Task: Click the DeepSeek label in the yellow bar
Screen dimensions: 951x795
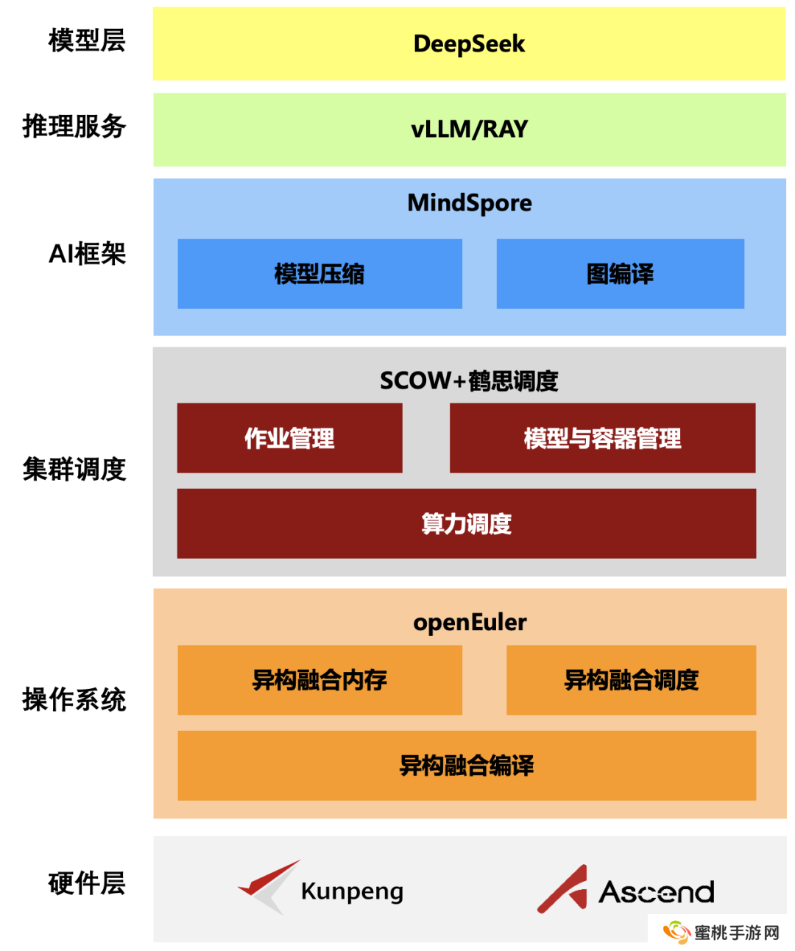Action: click(x=469, y=44)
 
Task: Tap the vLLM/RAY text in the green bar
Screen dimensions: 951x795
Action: click(x=469, y=130)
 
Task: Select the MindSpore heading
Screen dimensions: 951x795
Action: click(x=469, y=203)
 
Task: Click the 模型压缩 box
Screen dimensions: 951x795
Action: click(x=319, y=274)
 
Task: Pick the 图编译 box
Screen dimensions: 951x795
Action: click(x=620, y=274)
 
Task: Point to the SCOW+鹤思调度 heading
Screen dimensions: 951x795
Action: click(x=469, y=381)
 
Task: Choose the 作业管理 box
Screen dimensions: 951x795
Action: click(x=289, y=438)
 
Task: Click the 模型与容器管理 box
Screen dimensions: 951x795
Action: click(x=602, y=438)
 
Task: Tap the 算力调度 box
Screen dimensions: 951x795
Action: click(x=466, y=523)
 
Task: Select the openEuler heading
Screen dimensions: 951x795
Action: click(x=469, y=623)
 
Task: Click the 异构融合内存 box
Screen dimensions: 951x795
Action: click(x=319, y=680)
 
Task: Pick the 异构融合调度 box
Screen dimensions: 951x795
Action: click(x=631, y=680)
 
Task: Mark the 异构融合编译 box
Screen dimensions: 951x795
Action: click(x=466, y=766)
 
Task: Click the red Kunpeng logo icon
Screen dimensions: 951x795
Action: click(x=268, y=885)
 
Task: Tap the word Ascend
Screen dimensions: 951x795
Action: click(x=657, y=892)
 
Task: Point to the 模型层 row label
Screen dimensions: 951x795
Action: click(x=87, y=40)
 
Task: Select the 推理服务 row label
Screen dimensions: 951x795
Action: click(x=74, y=127)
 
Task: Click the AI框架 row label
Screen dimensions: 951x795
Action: click(x=87, y=254)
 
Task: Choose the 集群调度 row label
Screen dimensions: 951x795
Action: click(x=74, y=469)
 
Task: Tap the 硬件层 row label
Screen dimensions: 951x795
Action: click(x=87, y=883)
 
